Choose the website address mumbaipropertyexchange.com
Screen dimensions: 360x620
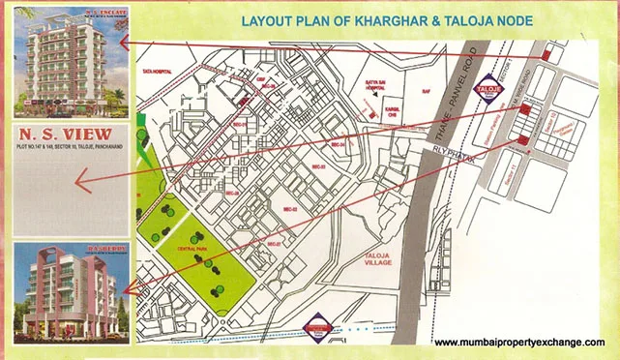click(519, 343)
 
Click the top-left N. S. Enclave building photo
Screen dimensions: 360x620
click(67, 56)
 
